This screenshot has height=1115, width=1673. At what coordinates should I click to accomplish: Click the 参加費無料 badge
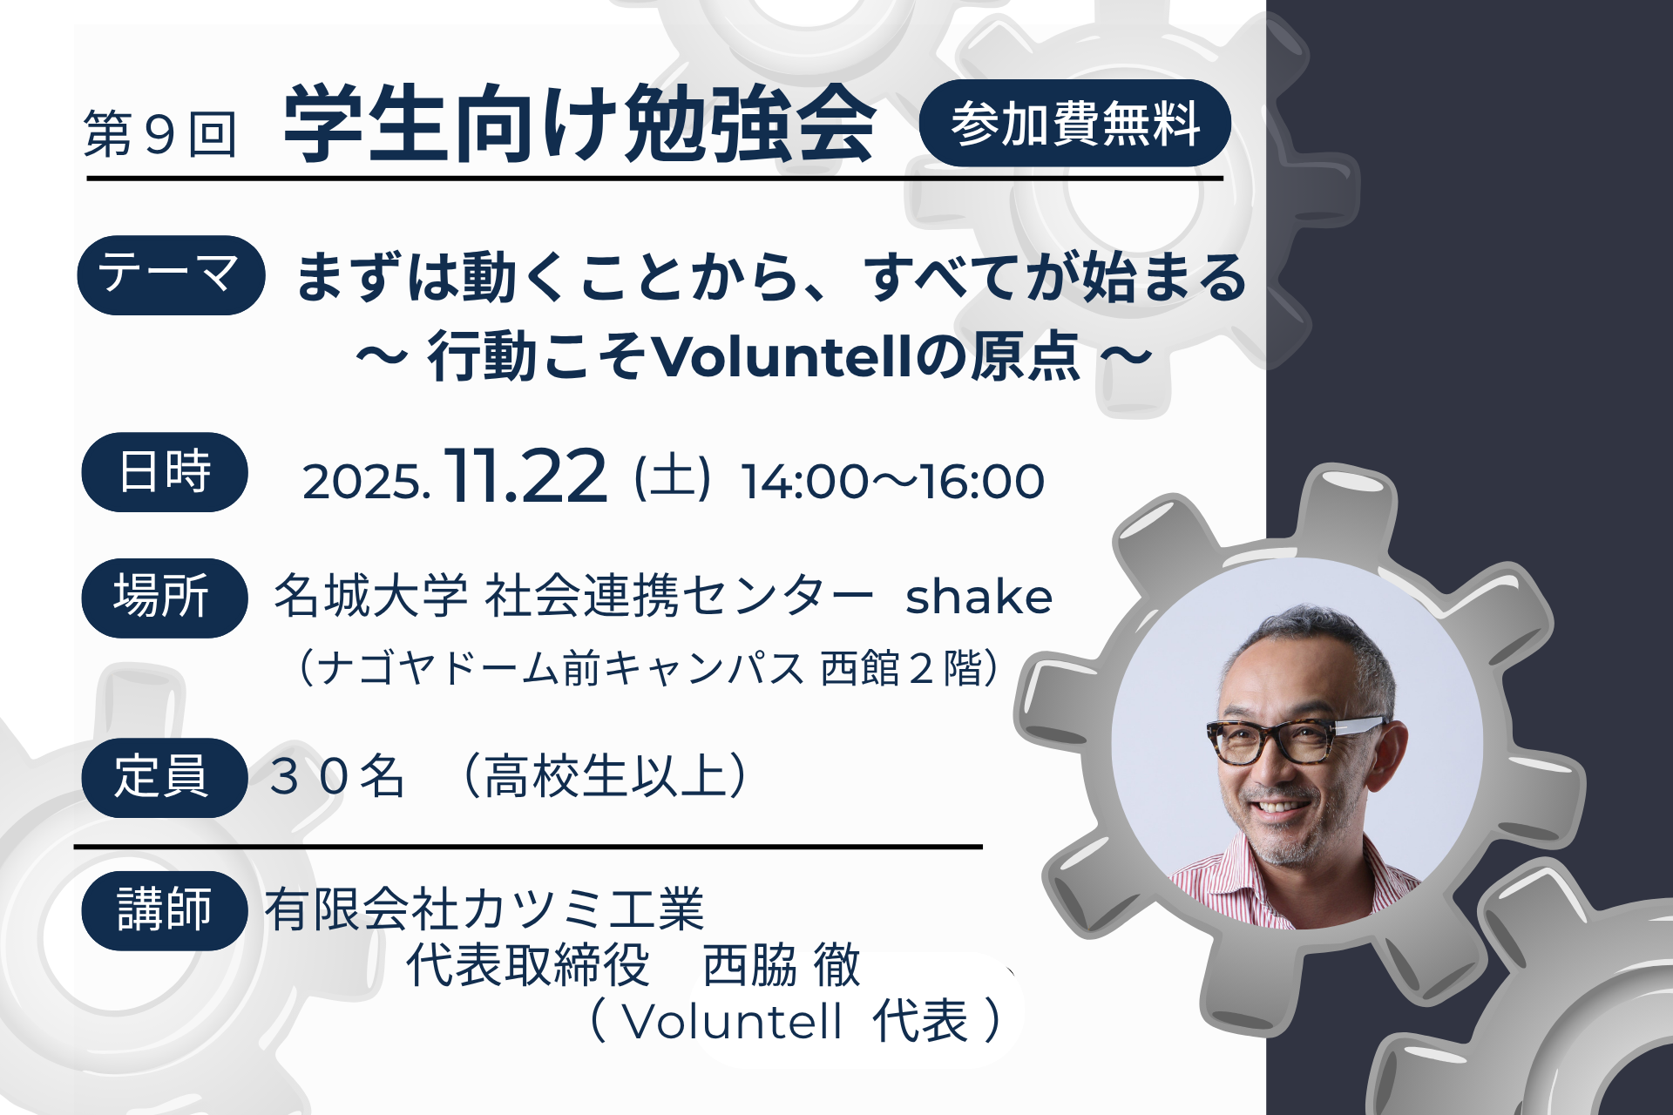[1074, 123]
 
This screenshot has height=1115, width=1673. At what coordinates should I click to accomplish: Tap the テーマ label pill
[171, 274]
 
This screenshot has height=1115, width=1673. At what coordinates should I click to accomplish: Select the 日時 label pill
[165, 471]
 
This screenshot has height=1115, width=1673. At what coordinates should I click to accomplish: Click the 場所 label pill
[165, 598]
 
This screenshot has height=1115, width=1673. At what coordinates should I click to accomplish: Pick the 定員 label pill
[165, 777]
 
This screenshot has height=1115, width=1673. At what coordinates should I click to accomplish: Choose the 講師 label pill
[165, 910]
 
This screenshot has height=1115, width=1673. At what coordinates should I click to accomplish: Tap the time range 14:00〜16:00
[892, 482]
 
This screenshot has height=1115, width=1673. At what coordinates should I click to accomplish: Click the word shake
[979, 597]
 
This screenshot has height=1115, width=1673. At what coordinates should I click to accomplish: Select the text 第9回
[160, 134]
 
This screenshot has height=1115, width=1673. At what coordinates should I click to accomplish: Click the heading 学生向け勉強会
[579, 124]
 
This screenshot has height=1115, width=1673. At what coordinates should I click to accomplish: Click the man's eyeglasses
[1296, 740]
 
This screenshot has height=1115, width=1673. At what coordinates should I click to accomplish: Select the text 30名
[337, 776]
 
